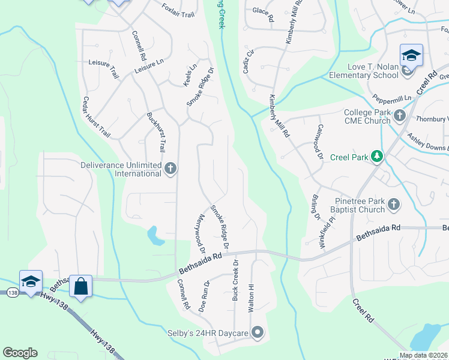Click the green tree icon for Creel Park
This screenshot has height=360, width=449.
tap(376, 157)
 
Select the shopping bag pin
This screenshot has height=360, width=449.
tap(80, 286)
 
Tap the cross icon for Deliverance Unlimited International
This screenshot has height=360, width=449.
tap(170, 169)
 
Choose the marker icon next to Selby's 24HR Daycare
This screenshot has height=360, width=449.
tap(258, 332)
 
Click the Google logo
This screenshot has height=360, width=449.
tap(20, 353)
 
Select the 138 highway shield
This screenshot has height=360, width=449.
tap(11, 293)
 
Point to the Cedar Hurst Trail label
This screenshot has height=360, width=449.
tap(96, 117)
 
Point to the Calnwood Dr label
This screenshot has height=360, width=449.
tap(320, 142)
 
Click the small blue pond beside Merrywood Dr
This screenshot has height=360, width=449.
tap(155, 236)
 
